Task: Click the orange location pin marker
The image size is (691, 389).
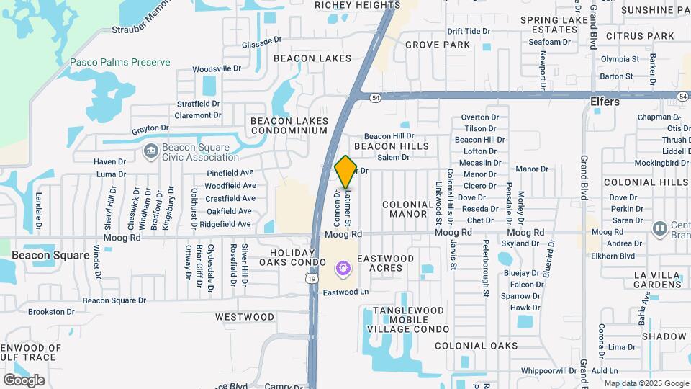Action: tap(345, 172)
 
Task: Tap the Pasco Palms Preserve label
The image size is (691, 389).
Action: tap(119, 63)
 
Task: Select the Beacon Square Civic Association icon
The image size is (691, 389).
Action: tap(151, 151)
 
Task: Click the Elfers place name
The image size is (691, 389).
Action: tap(605, 102)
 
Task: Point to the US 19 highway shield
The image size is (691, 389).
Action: tap(310, 278)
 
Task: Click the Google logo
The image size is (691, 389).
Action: tap(24, 380)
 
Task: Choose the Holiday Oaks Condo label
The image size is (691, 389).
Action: tap(293, 258)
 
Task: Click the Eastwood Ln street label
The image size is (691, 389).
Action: tap(345, 292)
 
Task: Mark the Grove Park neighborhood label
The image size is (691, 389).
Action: tap(437, 45)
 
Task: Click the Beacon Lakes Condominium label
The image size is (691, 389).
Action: tap(289, 125)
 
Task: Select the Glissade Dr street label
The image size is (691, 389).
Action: tap(261, 43)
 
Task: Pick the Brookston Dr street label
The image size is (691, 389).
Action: tap(51, 312)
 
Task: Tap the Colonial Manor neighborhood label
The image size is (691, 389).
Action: tap(409, 209)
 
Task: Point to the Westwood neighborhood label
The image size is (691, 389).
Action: tap(245, 317)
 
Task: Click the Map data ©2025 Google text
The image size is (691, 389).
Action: tap(646, 383)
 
